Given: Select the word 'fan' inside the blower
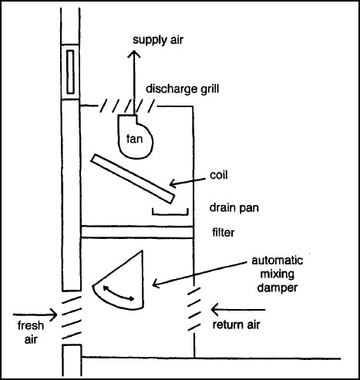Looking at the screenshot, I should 135,140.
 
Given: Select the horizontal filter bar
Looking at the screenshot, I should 135,231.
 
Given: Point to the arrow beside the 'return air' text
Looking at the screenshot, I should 232,311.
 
